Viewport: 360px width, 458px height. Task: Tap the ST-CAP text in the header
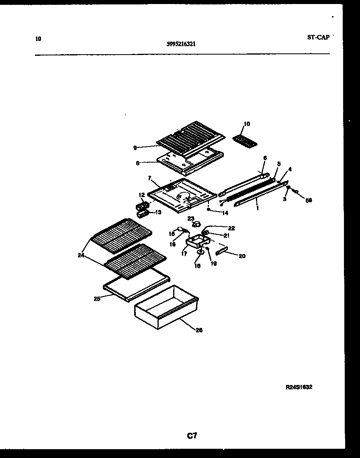[318, 37]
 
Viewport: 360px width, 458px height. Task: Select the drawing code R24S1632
[299, 387]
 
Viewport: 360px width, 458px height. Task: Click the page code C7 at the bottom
[192, 436]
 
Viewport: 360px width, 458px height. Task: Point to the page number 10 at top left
[38, 39]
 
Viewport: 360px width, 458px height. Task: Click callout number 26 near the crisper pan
[199, 330]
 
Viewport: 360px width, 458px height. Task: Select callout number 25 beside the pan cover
[97, 298]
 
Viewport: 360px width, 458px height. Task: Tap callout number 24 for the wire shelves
[82, 254]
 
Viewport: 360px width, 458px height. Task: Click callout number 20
[242, 256]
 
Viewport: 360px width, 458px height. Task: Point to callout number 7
[149, 177]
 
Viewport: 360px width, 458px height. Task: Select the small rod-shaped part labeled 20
[222, 251]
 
